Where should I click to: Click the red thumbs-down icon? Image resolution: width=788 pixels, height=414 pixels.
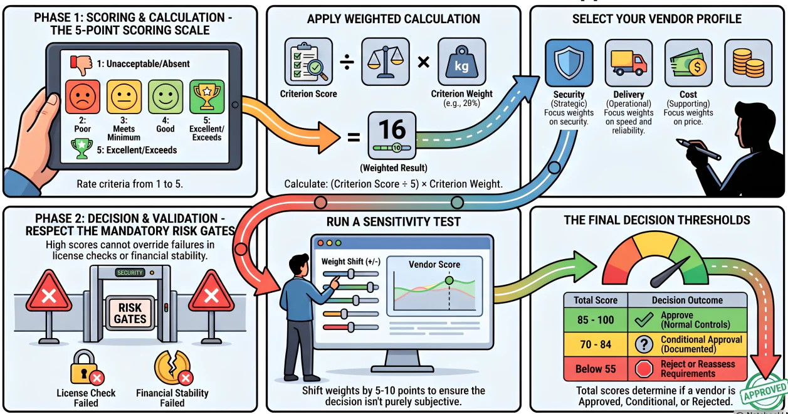[x=81, y=65]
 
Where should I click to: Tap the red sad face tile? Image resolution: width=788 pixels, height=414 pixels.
[x=83, y=97]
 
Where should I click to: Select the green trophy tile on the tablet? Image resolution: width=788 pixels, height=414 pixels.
[x=207, y=97]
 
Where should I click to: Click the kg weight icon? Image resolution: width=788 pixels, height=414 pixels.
[x=462, y=62]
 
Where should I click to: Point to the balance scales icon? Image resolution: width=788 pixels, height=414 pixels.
[x=386, y=62]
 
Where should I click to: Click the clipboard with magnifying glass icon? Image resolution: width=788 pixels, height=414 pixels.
[x=308, y=62]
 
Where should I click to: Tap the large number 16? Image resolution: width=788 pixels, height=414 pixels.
[x=392, y=130]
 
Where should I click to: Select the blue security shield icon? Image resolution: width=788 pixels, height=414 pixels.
[x=569, y=63]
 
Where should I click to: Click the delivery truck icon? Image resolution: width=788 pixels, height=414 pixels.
[x=629, y=63]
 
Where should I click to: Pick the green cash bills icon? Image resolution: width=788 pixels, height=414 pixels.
[x=688, y=63]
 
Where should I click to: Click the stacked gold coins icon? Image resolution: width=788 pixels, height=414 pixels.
[x=749, y=63]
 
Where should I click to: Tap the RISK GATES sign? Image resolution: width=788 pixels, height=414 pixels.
[x=130, y=313]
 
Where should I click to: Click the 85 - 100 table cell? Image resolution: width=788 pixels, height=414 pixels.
[x=596, y=320]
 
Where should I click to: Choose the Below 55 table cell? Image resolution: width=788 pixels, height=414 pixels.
[x=596, y=369]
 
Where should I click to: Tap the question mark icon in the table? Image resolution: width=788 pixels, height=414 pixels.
[x=644, y=344]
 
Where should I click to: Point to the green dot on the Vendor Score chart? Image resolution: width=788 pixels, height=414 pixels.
[x=449, y=280]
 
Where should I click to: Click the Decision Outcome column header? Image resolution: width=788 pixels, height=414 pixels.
[x=687, y=300]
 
